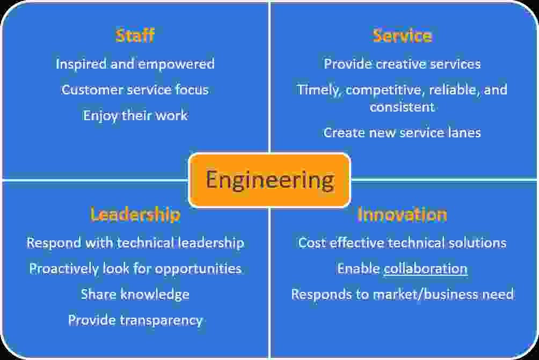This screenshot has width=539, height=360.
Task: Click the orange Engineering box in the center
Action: pyautogui.click(x=270, y=180)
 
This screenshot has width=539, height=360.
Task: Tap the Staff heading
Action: pyautogui.click(x=135, y=35)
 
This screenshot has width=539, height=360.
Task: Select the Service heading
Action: pyautogui.click(x=402, y=36)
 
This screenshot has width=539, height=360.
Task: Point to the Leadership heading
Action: pyautogui.click(x=135, y=215)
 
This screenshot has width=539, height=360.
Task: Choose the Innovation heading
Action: pyautogui.click(x=402, y=215)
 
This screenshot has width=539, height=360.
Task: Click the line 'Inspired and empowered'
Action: pyautogui.click(x=135, y=64)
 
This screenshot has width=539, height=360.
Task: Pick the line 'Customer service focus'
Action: pyautogui.click(x=135, y=90)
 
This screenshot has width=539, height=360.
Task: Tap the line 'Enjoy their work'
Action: pyautogui.click(x=135, y=116)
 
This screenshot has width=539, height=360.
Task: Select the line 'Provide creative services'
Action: pyautogui.click(x=402, y=64)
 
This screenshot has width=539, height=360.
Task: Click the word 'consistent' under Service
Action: pyautogui.click(x=402, y=107)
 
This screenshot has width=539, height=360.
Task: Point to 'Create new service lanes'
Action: pyautogui.click(x=402, y=133)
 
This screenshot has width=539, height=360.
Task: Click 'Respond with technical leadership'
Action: pyautogui.click(x=135, y=243)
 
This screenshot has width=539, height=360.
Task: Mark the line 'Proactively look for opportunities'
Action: pyautogui.click(x=135, y=269)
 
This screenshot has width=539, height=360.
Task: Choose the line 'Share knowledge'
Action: pyautogui.click(x=135, y=295)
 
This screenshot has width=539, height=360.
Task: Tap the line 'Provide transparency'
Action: pyautogui.click(x=135, y=320)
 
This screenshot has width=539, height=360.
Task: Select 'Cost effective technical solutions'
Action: pyautogui.click(x=402, y=243)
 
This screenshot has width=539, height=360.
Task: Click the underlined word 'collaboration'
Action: pyautogui.click(x=426, y=269)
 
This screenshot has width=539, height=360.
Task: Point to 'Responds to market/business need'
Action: pyautogui.click(x=403, y=295)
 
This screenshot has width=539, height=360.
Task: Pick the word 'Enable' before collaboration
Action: pyautogui.click(x=359, y=269)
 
